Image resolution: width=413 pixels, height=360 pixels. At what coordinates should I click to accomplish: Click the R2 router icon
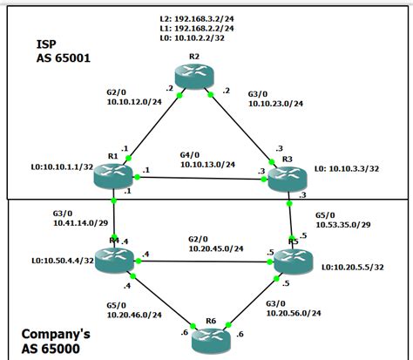click(193, 76)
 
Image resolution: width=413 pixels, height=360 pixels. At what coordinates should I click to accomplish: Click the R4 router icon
click(114, 256)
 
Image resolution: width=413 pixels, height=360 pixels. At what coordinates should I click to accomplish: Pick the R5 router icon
click(288, 258)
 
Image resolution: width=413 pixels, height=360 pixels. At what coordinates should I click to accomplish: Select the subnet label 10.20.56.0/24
click(295, 313)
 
